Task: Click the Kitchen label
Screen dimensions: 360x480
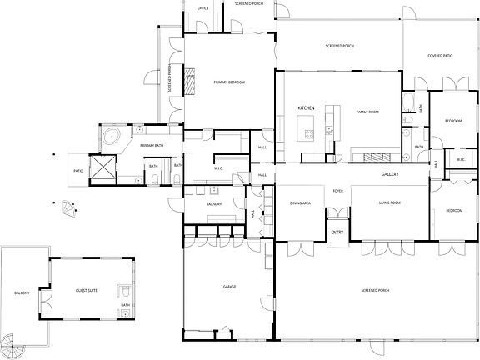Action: click(305, 108)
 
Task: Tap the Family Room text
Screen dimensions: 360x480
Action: click(367, 112)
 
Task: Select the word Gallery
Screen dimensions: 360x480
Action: click(391, 174)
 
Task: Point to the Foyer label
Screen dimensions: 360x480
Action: click(338, 191)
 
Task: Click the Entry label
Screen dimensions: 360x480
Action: click(337, 232)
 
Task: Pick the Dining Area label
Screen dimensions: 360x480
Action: click(300, 203)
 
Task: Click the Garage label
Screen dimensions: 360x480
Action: click(230, 287)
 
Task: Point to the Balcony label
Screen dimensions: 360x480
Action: click(22, 293)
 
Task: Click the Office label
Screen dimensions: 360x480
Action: click(202, 7)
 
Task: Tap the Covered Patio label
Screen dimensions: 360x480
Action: click(440, 57)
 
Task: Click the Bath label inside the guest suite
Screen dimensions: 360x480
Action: click(126, 305)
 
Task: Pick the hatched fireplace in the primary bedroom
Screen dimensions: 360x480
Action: click(189, 81)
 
